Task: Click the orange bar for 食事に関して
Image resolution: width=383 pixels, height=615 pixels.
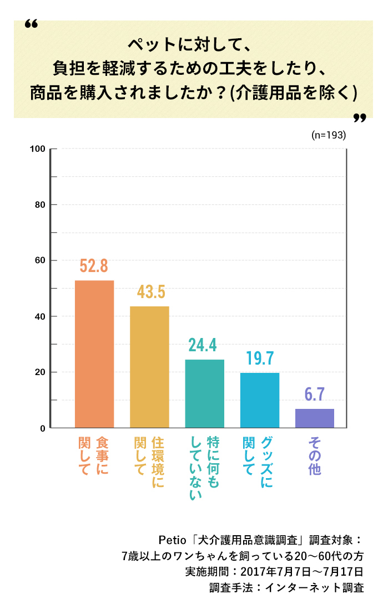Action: [x=94, y=354]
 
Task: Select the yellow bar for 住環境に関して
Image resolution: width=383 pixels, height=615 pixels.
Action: [x=149, y=367]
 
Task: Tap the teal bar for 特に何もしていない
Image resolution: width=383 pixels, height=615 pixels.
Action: [x=204, y=393]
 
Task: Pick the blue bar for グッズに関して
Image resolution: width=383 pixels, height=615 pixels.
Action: [x=260, y=400]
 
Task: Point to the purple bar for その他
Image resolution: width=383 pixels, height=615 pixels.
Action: [x=315, y=418]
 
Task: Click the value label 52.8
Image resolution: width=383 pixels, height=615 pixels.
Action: [x=94, y=266]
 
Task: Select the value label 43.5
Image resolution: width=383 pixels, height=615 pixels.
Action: [x=149, y=292]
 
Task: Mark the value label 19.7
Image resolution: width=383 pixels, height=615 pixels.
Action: [x=260, y=358]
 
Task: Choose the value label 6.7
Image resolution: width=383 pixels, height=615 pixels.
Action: [x=315, y=394]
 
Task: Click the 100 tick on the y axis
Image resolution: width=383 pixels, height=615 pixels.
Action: [x=38, y=149]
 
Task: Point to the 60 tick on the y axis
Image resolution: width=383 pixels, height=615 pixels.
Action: [x=40, y=260]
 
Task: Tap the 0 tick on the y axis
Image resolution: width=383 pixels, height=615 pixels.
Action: [x=42, y=428]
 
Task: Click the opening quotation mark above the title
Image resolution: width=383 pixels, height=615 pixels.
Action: [x=32, y=25]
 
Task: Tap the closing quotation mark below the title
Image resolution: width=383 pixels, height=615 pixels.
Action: [x=360, y=118]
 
